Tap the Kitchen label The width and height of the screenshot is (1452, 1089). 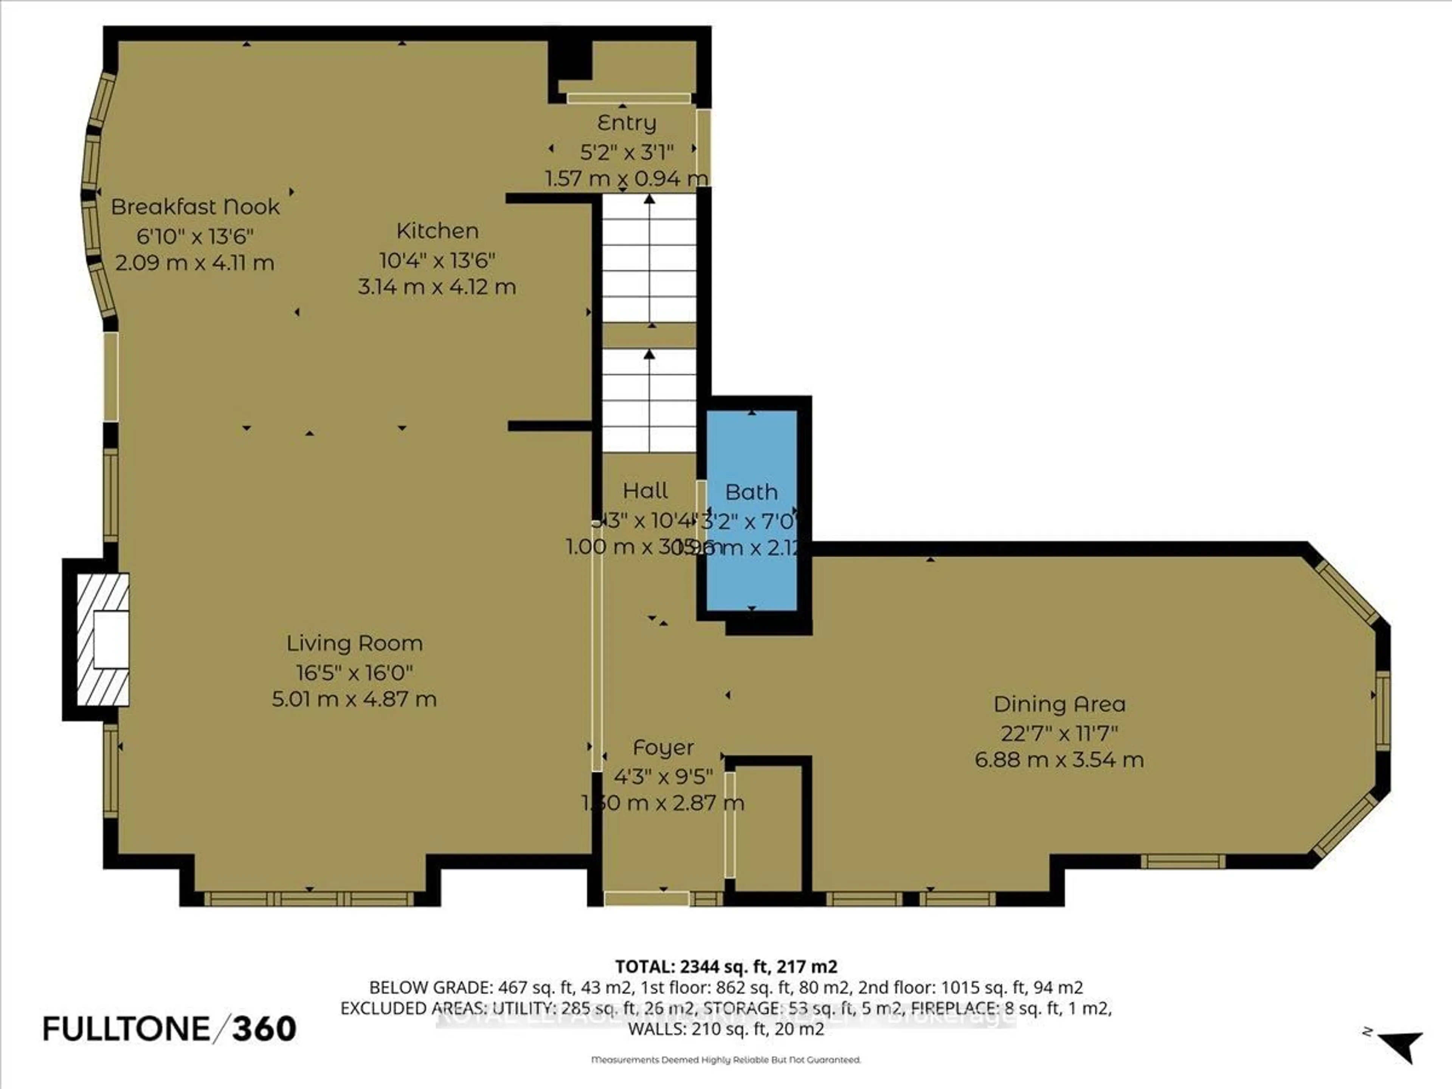(x=437, y=231)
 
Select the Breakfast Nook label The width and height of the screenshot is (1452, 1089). (x=195, y=207)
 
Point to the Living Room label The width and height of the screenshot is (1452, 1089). (x=354, y=643)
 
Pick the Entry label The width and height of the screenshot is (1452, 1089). (x=626, y=123)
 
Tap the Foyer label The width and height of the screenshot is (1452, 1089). (x=663, y=748)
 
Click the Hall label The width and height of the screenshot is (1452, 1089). (x=645, y=491)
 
